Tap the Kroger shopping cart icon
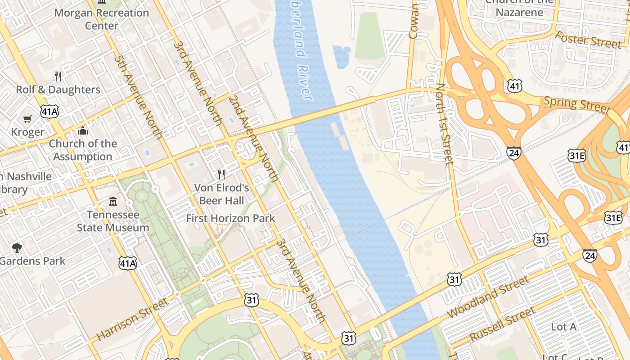coord(28,119)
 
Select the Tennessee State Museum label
coord(112,221)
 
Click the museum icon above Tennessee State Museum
coord(113,201)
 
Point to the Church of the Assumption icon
coord(83,131)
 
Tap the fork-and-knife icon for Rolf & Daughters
coord(58,76)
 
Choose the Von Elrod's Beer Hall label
coord(221,193)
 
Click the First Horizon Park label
coord(230,219)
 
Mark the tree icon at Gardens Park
coord(17,247)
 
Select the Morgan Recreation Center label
coord(101,19)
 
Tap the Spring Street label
coord(577,104)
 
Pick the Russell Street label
coord(502,324)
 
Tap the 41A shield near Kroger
coord(49,112)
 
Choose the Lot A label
coord(563,327)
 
